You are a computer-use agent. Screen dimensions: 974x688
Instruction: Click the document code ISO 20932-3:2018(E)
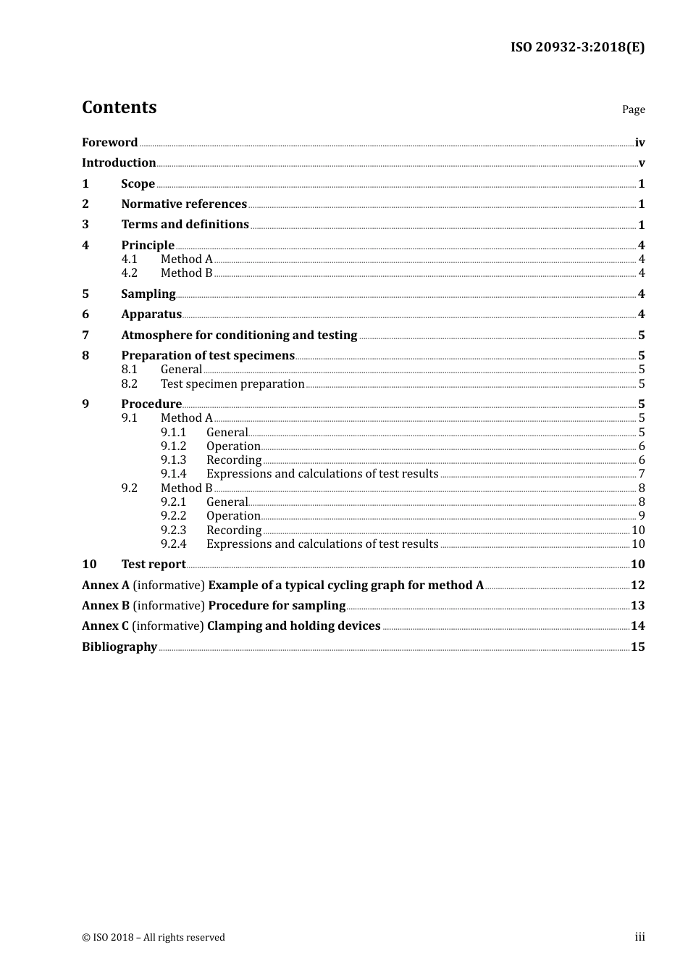click(577, 48)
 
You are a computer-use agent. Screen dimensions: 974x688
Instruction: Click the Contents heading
click(119, 107)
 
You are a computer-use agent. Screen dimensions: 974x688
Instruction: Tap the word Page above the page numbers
click(633, 109)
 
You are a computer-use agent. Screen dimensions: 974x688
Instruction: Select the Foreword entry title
click(109, 143)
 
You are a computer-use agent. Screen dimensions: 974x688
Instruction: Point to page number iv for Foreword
click(639, 143)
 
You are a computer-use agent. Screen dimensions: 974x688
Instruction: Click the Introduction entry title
click(119, 163)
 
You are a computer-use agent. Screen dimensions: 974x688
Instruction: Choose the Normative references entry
click(184, 204)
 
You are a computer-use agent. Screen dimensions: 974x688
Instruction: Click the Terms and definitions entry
click(185, 225)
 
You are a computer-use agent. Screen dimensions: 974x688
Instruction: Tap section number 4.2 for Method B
click(129, 273)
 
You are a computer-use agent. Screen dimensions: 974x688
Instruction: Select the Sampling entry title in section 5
click(148, 294)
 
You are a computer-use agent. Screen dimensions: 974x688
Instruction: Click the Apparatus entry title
click(151, 315)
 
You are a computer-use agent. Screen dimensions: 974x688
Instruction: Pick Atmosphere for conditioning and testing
click(239, 336)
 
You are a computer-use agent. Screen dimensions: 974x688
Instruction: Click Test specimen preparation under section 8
click(232, 384)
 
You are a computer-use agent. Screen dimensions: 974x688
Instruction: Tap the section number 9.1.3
click(173, 460)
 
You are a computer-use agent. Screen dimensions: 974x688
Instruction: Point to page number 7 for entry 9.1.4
click(641, 474)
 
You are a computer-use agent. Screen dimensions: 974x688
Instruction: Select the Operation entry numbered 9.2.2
click(233, 516)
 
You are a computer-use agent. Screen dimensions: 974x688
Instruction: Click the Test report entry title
click(154, 565)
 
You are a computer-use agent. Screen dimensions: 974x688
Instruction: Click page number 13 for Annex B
click(637, 606)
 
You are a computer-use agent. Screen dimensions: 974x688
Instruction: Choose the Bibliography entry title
click(119, 647)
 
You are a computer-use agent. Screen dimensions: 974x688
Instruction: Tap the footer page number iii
click(639, 937)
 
